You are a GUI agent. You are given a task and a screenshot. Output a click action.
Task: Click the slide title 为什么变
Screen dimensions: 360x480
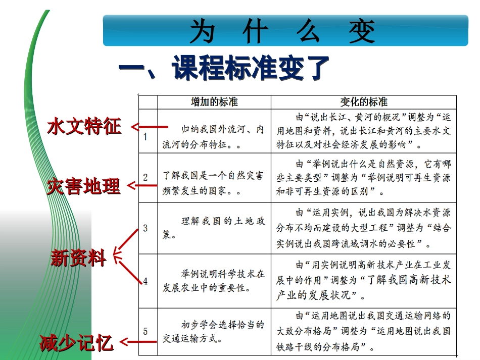tap(283, 32)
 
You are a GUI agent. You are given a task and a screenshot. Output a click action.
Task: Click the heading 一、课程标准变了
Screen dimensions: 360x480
tap(224, 69)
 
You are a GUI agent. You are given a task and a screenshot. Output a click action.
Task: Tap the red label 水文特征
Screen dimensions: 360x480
tap(85, 126)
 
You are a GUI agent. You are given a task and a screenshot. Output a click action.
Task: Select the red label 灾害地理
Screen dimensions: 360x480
tap(84, 186)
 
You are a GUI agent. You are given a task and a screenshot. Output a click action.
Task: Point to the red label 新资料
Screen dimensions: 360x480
tap(79, 259)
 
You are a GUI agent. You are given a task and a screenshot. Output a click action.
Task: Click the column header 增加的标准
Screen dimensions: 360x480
tap(214, 102)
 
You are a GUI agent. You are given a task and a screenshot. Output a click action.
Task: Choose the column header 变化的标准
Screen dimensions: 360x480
tap(364, 102)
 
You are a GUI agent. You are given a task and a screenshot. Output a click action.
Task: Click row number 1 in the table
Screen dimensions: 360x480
tap(145, 137)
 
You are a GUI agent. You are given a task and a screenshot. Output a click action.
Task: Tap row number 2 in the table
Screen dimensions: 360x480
tap(146, 177)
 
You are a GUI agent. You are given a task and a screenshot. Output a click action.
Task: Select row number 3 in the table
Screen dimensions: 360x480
tap(146, 228)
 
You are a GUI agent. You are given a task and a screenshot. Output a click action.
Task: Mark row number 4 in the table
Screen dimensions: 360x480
tap(146, 281)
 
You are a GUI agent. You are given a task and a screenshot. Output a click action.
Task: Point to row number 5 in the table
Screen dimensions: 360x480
tap(146, 331)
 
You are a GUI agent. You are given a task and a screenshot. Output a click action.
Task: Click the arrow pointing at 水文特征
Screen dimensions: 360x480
tap(150, 127)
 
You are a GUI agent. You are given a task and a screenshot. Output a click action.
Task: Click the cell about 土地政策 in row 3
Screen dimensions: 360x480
tap(214, 228)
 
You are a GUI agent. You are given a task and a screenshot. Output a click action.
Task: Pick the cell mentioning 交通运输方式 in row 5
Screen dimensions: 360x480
tap(214, 332)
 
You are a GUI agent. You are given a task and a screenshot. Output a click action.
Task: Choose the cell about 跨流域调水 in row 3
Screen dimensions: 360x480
tap(364, 228)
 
